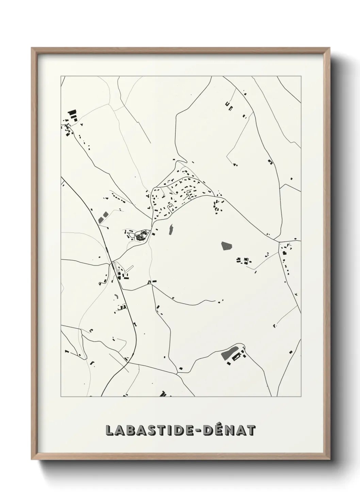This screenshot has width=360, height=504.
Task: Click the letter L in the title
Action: pos(110,430)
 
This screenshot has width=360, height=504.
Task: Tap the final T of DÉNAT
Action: pos(250,430)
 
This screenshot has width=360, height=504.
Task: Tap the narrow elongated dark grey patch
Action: pos(171,229)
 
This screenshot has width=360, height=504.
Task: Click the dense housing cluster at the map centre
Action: pos(177,196)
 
